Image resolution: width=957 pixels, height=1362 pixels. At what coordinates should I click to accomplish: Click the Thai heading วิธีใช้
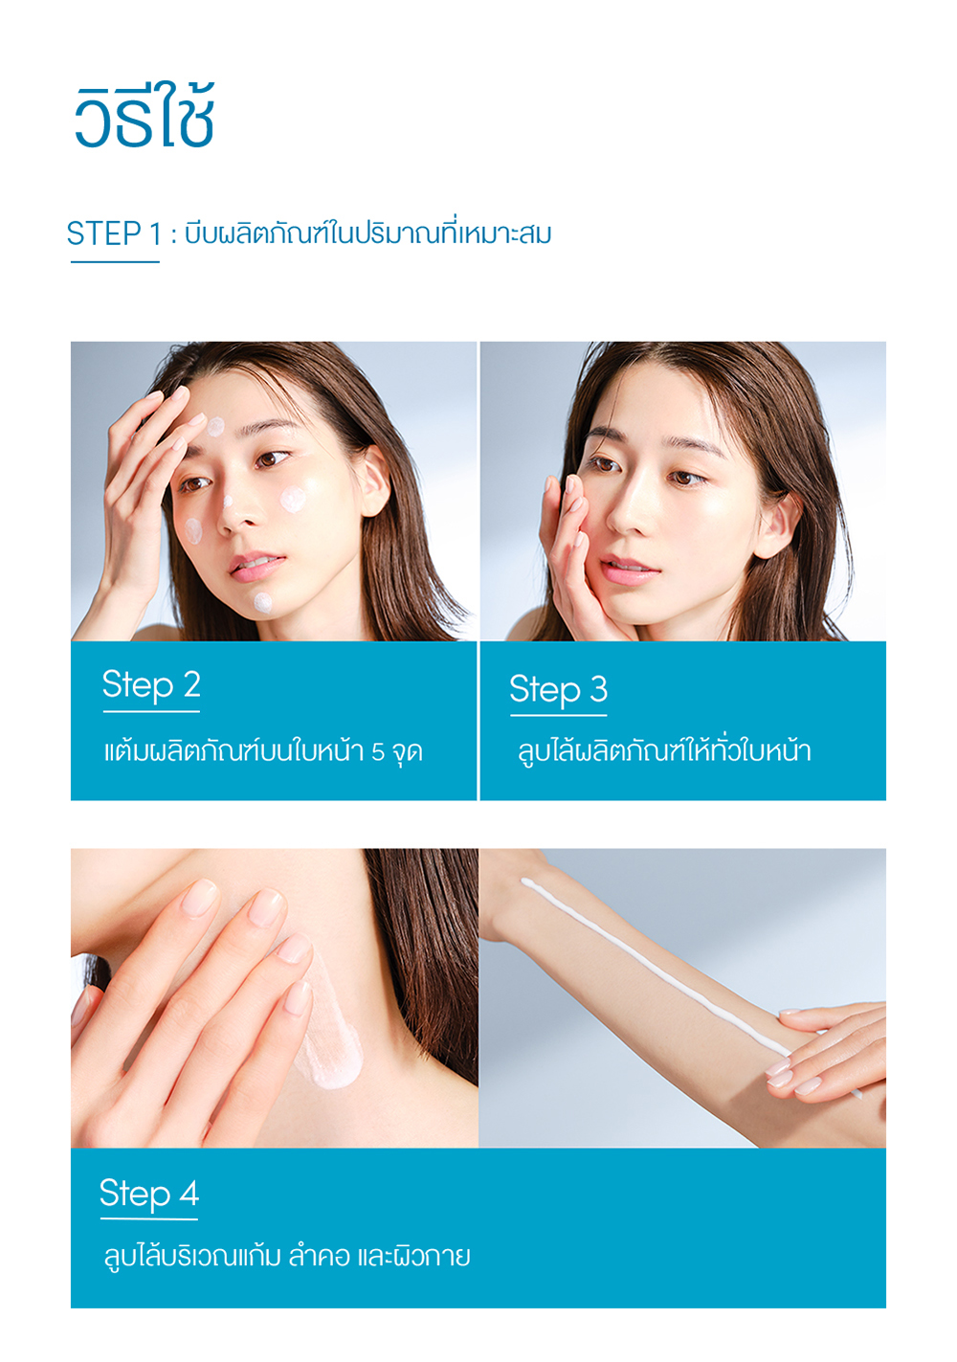[x=145, y=116]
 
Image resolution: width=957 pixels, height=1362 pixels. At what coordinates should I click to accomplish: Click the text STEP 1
[x=114, y=234]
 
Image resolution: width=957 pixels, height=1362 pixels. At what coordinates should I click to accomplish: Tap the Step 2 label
[x=151, y=685]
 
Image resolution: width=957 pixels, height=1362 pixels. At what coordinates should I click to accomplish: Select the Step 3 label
[x=558, y=689]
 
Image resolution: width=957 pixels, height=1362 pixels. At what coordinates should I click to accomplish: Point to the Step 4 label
[x=149, y=1193]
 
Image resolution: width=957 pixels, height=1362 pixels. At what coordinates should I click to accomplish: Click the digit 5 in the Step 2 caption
[x=378, y=752]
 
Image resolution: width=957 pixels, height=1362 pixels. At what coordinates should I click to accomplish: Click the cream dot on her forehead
[x=215, y=426]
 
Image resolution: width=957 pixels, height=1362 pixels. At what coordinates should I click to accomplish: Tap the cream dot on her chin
[x=262, y=603]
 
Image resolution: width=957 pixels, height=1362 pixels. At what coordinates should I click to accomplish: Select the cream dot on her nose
[x=228, y=502]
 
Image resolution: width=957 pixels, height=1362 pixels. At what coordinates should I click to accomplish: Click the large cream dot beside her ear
[x=293, y=500]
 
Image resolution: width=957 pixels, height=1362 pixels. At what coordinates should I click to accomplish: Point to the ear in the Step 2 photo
[x=372, y=480]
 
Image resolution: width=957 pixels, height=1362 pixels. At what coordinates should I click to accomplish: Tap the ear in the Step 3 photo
[x=776, y=525]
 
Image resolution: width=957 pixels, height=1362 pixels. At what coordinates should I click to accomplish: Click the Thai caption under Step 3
[x=664, y=751]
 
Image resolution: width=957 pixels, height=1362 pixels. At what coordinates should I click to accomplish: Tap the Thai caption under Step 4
[x=287, y=1256]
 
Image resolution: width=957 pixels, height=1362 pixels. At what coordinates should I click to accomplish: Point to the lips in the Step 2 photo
[x=256, y=566]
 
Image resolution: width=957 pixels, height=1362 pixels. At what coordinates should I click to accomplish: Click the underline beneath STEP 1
[x=115, y=262]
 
